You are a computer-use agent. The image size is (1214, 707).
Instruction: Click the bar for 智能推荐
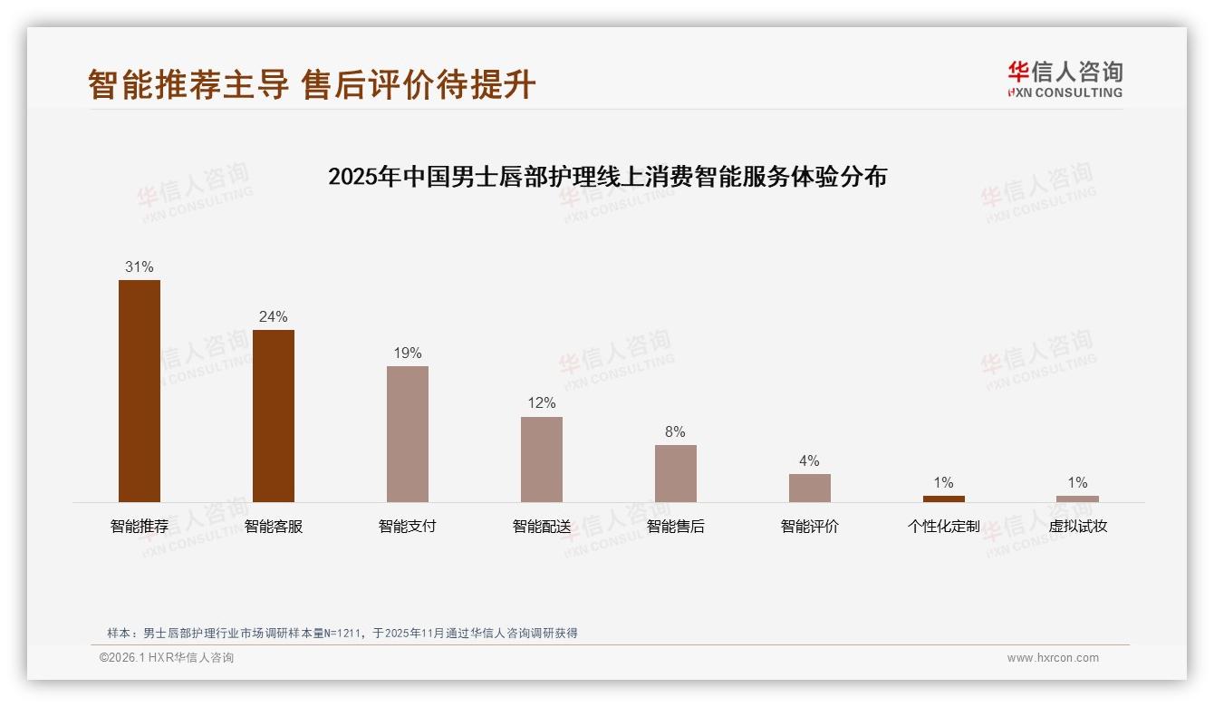point(140,391)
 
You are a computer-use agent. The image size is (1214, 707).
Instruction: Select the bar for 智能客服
point(274,415)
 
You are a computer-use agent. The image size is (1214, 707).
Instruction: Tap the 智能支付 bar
point(408,433)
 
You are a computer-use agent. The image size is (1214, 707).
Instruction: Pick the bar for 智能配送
point(542,459)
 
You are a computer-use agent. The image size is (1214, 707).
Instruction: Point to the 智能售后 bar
point(676,473)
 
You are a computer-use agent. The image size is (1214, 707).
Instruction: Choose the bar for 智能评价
point(809,488)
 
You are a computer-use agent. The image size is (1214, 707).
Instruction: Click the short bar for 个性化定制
point(944,499)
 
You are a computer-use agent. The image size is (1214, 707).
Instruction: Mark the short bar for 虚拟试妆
point(1077,499)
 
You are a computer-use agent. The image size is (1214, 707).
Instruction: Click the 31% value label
point(140,267)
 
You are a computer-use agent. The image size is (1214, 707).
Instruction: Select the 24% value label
point(274,317)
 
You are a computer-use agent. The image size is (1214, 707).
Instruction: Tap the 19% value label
point(408,353)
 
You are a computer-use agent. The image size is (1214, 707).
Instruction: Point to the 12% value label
point(542,403)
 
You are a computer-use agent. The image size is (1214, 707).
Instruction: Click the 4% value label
point(809,461)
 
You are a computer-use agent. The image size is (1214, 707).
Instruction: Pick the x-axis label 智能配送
point(542,527)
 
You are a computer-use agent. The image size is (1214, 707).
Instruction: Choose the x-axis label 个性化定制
point(944,527)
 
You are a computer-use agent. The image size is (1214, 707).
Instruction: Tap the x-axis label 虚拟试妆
point(1077,527)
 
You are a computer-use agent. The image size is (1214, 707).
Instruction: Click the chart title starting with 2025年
point(607,177)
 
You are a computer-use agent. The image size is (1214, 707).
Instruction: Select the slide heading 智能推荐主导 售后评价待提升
point(313,85)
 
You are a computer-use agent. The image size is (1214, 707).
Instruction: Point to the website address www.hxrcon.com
point(1053,658)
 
